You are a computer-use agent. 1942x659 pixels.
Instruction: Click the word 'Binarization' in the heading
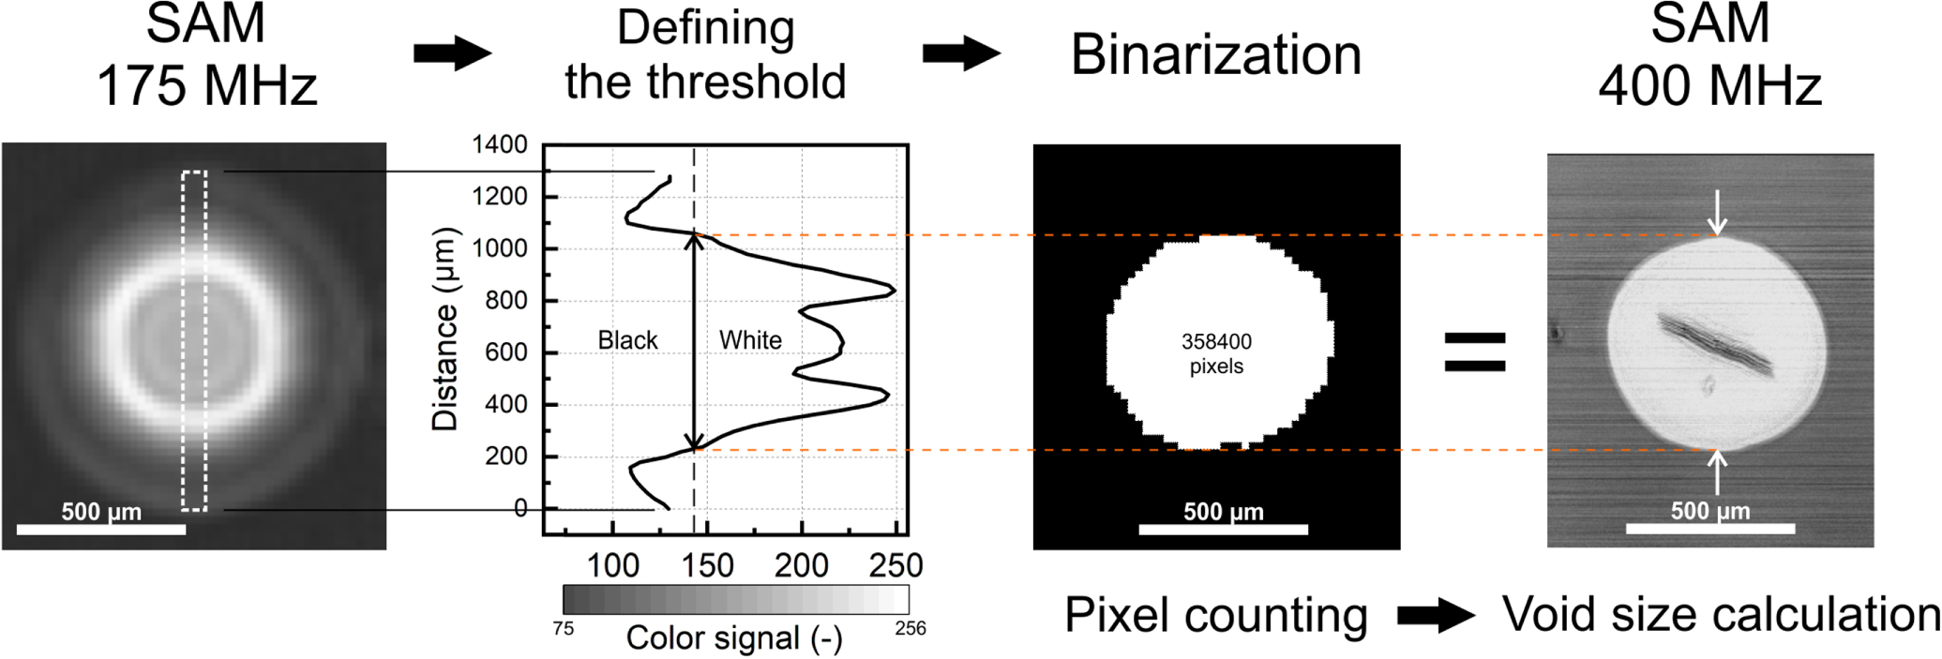click(x=1215, y=54)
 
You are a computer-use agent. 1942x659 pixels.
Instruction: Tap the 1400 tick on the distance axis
click(x=500, y=144)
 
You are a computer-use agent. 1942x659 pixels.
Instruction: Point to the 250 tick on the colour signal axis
click(x=896, y=564)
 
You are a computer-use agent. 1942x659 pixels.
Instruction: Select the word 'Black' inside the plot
click(x=627, y=340)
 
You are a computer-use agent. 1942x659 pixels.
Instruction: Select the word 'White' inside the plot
click(x=750, y=340)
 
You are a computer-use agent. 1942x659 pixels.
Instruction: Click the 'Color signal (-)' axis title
click(x=734, y=637)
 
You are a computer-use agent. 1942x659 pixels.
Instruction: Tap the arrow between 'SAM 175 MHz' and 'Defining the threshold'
click(x=453, y=52)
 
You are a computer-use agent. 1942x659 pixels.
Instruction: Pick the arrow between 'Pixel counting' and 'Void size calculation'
click(x=1436, y=616)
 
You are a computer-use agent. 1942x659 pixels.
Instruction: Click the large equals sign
click(x=1475, y=352)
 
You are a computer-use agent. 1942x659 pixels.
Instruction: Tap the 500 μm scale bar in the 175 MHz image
click(x=101, y=529)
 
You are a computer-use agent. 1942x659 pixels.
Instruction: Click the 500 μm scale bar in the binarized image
click(x=1223, y=529)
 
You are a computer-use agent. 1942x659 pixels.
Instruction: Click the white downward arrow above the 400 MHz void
click(x=1717, y=212)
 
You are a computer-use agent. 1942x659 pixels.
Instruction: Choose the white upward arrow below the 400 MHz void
click(x=1717, y=472)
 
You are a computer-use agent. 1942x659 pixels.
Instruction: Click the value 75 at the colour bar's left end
click(x=564, y=628)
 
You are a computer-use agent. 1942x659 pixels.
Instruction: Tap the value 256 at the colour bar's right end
click(x=910, y=628)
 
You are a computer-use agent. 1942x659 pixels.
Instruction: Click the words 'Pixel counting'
click(x=1215, y=616)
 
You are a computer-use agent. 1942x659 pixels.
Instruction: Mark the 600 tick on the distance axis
click(x=506, y=352)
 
